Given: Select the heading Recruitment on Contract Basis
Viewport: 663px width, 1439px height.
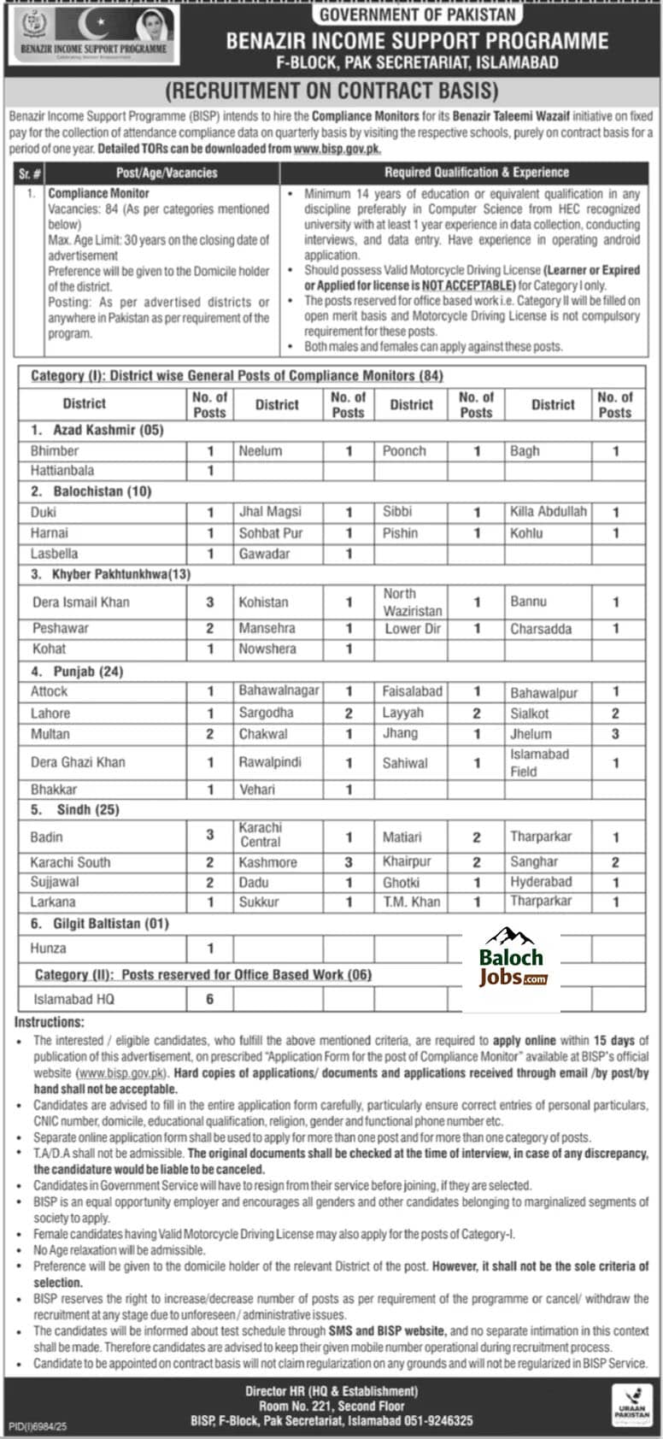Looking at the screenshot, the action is [331, 91].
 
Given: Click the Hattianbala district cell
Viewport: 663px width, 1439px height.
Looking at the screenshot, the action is [62, 471].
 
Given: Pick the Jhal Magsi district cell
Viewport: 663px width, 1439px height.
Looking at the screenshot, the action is [270, 512].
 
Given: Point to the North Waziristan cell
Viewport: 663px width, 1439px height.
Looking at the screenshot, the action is [412, 602].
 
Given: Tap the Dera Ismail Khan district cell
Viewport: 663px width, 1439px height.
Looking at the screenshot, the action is [81, 602].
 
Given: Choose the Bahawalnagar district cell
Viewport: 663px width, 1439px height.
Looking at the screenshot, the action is [279, 691].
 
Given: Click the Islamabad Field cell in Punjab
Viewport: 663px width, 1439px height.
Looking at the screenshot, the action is [539, 762].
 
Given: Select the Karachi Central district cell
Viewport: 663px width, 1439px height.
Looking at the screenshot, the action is [261, 835].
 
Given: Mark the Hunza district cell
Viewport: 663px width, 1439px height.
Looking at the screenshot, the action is [48, 949].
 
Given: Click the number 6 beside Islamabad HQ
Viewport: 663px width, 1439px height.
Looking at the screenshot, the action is [209, 999].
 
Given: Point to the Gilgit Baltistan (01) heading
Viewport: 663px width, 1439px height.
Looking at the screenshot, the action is [112, 924].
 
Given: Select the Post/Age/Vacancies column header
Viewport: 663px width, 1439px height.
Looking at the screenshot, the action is [167, 173].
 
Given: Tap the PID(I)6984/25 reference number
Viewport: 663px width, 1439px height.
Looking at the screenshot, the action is [38, 1427].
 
